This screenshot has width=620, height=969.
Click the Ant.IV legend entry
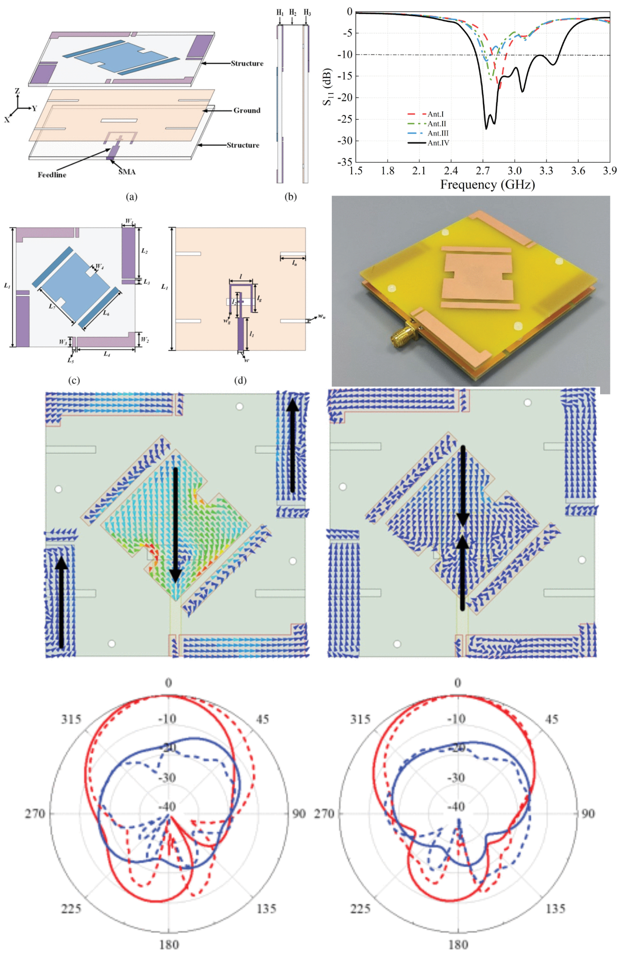(x=438, y=143)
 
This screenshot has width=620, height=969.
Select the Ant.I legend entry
(x=435, y=114)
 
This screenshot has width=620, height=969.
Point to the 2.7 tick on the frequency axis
(x=482, y=171)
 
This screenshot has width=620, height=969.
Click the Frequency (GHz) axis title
(x=487, y=185)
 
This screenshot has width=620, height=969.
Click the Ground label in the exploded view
(x=246, y=110)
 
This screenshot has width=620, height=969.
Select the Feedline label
(x=52, y=175)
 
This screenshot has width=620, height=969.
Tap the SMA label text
(x=127, y=172)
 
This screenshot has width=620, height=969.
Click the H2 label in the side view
(x=292, y=13)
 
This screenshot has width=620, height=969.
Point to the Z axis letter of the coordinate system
(x=17, y=91)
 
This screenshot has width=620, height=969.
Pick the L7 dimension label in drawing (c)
(x=52, y=307)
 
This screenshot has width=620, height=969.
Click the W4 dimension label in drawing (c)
(x=99, y=267)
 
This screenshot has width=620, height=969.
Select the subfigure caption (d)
(x=240, y=381)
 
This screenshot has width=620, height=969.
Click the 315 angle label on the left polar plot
(x=71, y=719)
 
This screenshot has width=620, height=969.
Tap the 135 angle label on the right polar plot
(x=555, y=908)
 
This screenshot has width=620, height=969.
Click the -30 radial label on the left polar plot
(x=167, y=777)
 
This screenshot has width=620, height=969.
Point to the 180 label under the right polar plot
(x=458, y=944)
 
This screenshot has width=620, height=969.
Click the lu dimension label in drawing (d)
(x=294, y=264)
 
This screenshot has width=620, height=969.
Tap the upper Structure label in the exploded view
(x=247, y=63)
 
